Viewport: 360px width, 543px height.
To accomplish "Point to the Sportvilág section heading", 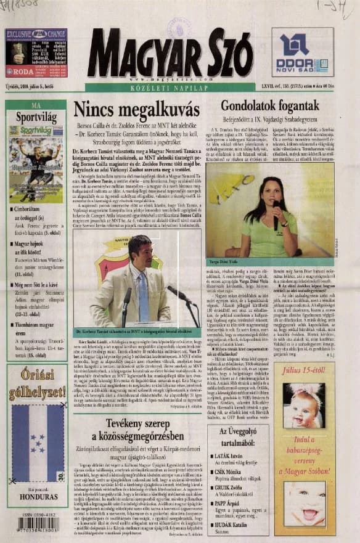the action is (36, 115).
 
